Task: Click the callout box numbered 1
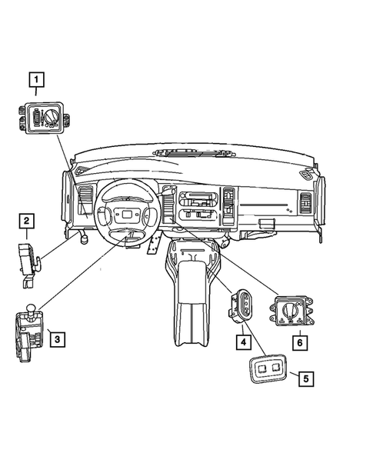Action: click(37, 79)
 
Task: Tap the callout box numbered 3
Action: click(56, 336)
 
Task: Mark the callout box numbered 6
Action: click(298, 340)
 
